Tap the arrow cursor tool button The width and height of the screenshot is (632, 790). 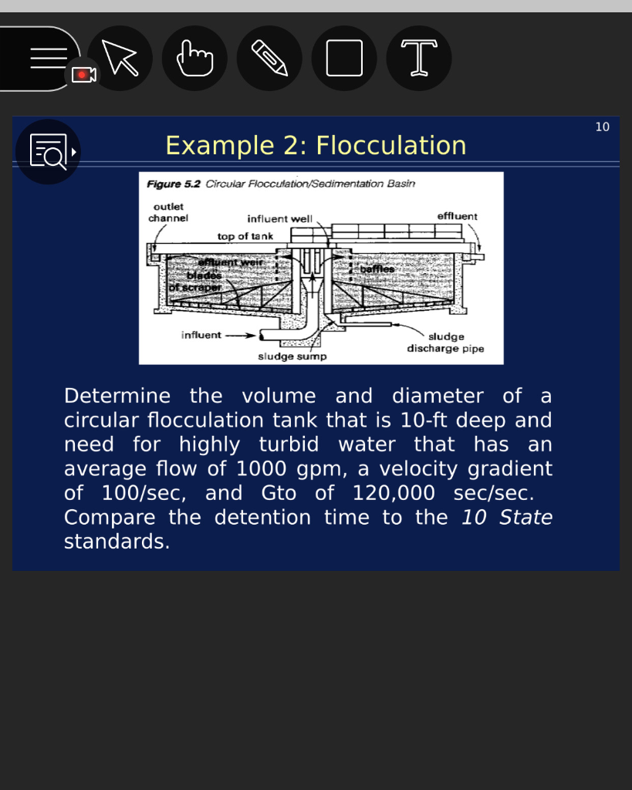click(x=120, y=58)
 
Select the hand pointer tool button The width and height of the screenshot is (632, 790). click(x=194, y=58)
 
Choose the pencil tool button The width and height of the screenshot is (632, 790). click(x=269, y=58)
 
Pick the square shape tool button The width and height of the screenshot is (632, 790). click(x=344, y=58)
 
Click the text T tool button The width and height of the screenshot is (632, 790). click(x=418, y=58)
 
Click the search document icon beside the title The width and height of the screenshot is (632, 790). click(x=48, y=151)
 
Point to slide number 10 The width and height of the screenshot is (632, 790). click(x=602, y=127)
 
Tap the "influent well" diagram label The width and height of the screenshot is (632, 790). click(x=279, y=218)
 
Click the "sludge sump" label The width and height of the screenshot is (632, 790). click(x=292, y=356)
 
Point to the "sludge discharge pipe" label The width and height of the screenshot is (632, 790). click(x=446, y=343)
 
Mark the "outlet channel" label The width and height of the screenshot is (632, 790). click(x=168, y=212)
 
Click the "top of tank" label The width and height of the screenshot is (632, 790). click(x=245, y=236)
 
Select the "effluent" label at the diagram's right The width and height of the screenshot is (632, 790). click(x=457, y=216)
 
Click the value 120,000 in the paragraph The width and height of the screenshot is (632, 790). click(x=394, y=493)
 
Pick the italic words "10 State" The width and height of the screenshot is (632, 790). click(x=507, y=517)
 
